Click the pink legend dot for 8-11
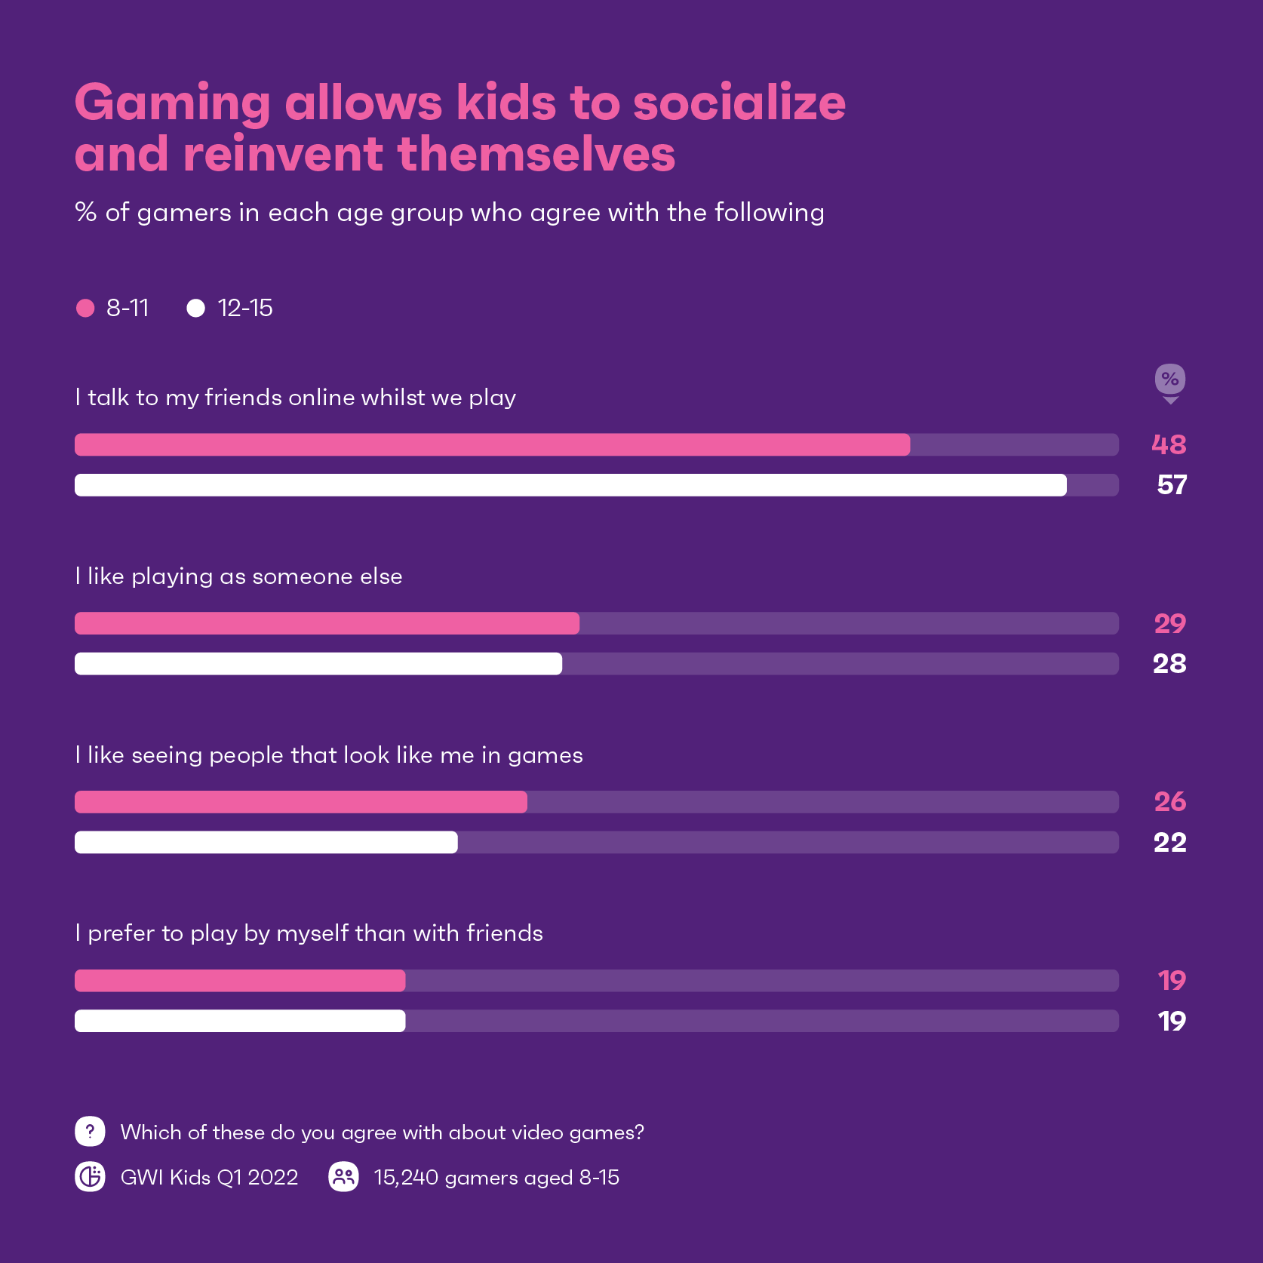click(x=85, y=308)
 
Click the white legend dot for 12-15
click(x=195, y=308)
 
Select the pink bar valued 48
click(x=492, y=445)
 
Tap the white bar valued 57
click(x=570, y=485)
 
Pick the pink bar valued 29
click(x=327, y=623)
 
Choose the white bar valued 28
click(x=318, y=664)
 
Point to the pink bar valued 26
click(x=300, y=802)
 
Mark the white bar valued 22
click(x=266, y=842)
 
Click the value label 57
click(x=1171, y=485)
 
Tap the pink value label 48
click(x=1169, y=445)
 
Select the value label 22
click(x=1169, y=842)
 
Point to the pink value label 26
click(x=1169, y=802)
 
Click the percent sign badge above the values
click(x=1170, y=380)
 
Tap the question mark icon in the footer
click(x=90, y=1132)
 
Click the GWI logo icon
click(x=90, y=1177)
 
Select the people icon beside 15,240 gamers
click(x=343, y=1177)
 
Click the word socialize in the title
click(x=739, y=103)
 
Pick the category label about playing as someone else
click(x=238, y=576)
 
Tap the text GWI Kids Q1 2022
click(x=209, y=1177)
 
